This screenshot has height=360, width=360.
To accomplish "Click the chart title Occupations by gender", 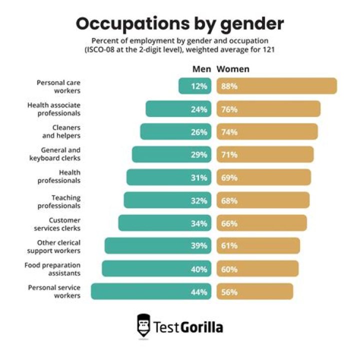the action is coord(180,24).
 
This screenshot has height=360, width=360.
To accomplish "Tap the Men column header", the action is coord(201,69).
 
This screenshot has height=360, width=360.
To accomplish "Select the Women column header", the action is coord(233,69).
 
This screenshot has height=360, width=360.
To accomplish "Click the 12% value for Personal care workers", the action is coord(199,86).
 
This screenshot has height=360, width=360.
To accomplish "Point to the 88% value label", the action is coord(229,86).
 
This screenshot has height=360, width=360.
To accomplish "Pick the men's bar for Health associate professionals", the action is coord(178,109).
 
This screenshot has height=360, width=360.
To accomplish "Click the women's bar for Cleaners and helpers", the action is coord(267,131).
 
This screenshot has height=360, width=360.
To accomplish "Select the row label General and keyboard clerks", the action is coord(55,154).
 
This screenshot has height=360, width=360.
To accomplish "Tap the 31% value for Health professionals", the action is coord(199,177).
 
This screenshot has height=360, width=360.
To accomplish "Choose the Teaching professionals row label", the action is coord(59,201).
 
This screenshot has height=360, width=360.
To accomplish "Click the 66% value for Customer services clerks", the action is coord(229,223).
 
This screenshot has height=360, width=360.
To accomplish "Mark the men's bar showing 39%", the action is coord(158,245).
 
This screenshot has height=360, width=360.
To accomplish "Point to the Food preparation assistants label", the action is coord(52,269).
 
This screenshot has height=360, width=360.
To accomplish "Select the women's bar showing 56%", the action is coord(255,291).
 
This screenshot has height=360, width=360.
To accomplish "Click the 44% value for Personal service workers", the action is coord(199,292).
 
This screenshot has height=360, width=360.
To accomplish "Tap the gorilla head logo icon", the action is coord(143,326).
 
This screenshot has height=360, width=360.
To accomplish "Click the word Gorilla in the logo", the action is coord(201,327).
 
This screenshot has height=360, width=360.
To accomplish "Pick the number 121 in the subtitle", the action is coord(268,50).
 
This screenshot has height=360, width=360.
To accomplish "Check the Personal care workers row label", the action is coord(58,86).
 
